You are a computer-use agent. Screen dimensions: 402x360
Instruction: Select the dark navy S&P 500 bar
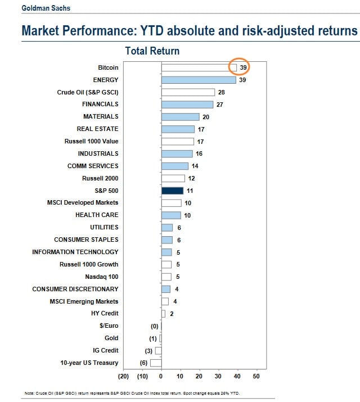click(x=172, y=191)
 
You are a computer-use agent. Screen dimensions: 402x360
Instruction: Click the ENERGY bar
click(x=199, y=80)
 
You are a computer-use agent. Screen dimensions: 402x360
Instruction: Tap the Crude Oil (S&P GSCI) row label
click(x=88, y=92)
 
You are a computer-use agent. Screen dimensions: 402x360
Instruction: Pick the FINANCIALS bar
click(x=187, y=105)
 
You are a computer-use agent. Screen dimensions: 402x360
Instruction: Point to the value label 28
click(x=222, y=92)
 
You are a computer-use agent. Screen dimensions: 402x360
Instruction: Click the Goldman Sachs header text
click(x=46, y=8)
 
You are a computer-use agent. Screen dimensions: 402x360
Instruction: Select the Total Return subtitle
click(x=152, y=51)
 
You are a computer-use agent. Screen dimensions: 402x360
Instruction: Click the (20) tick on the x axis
click(x=124, y=376)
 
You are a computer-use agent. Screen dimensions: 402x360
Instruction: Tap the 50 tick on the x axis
click(x=256, y=376)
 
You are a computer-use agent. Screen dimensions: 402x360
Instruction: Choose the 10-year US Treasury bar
click(x=156, y=363)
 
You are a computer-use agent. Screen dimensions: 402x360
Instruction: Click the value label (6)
click(x=143, y=363)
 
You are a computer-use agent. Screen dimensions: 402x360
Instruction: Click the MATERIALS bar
click(x=180, y=117)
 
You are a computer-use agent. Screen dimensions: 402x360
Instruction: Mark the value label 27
click(x=220, y=105)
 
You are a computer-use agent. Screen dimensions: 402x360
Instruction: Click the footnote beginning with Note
click(x=136, y=392)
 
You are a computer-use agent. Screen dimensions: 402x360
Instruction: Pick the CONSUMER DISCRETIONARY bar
click(x=165, y=289)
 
